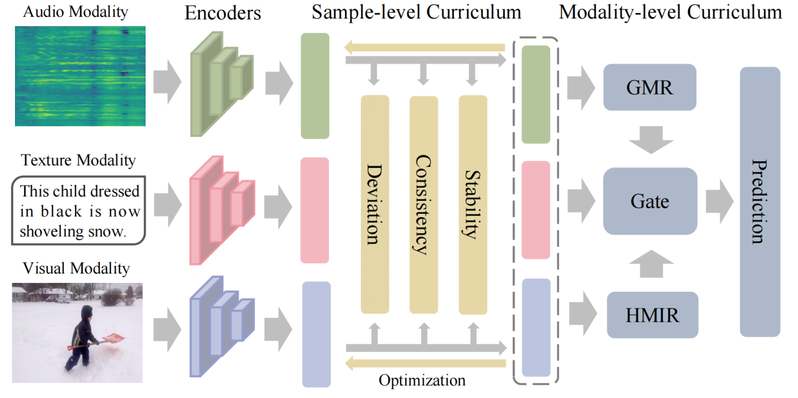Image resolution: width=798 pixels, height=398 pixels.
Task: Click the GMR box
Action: point(650,87)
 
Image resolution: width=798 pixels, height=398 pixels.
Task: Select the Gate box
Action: point(650,201)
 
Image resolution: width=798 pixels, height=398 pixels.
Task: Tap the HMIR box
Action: point(652,315)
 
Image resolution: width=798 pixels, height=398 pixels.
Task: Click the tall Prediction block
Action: point(760,201)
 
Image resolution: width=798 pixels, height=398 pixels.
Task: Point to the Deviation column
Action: point(375,204)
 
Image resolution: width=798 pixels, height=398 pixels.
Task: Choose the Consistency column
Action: point(423,204)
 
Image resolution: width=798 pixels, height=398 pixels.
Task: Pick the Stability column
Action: point(472,204)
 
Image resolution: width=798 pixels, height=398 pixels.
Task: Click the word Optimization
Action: point(422,381)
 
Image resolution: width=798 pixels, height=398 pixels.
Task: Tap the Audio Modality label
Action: point(75,11)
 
